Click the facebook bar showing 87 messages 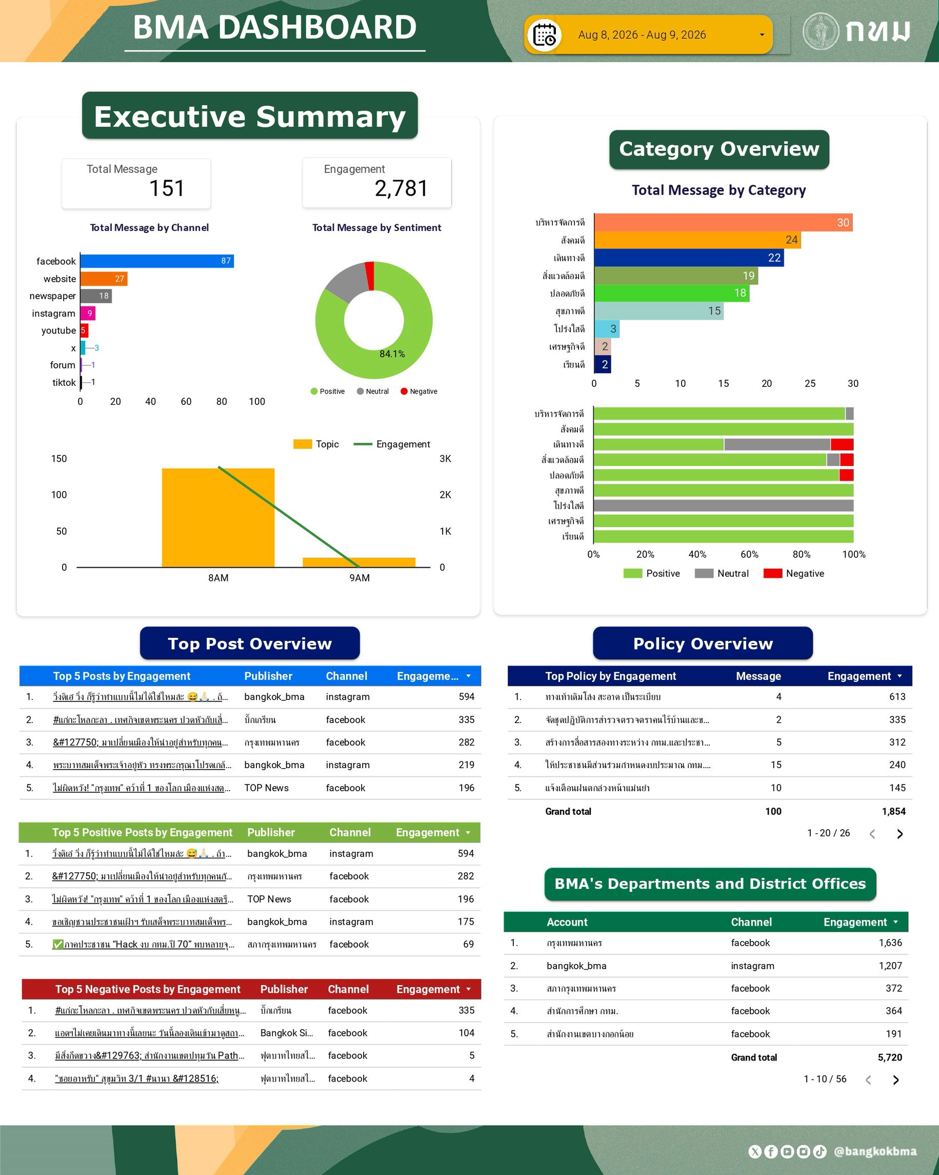click(157, 261)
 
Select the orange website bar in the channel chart click(104, 279)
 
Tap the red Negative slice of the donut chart click(370, 276)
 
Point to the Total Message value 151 click(167, 189)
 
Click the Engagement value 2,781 click(401, 189)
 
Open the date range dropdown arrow click(762, 35)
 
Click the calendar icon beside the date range click(544, 35)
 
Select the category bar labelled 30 click(723, 222)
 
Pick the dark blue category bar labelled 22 click(689, 258)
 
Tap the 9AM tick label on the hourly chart click(359, 578)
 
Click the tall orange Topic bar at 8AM click(218, 518)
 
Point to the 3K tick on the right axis click(445, 459)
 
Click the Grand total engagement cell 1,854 click(893, 812)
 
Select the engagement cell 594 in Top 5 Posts click(466, 696)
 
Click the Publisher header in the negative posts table click(284, 989)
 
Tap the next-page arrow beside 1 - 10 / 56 click(896, 1080)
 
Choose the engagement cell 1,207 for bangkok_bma click(890, 966)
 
